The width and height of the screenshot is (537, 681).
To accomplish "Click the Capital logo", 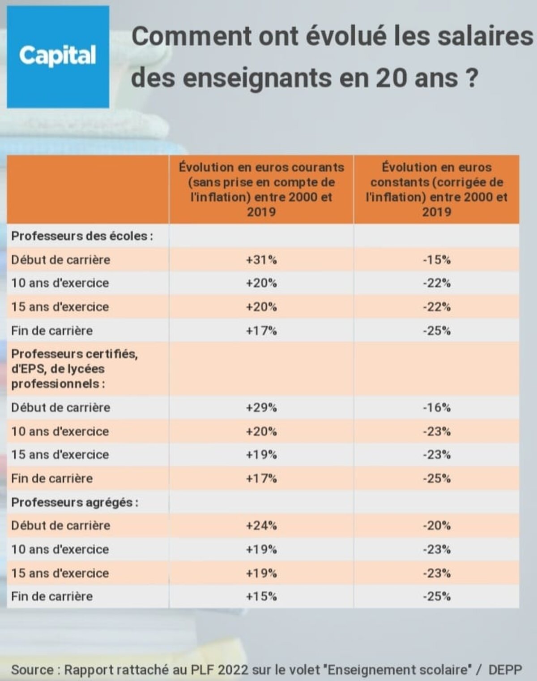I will click(x=58, y=56).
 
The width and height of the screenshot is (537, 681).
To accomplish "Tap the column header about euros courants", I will click(x=261, y=189).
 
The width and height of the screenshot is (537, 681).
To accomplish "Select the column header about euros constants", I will click(x=436, y=189).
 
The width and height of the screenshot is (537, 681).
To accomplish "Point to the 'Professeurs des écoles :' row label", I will click(x=82, y=236).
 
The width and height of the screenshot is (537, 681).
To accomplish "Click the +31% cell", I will click(x=261, y=259).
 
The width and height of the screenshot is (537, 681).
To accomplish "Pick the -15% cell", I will click(x=436, y=259).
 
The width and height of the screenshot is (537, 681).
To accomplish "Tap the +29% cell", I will click(x=261, y=407).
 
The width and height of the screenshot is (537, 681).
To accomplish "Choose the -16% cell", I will click(x=436, y=407).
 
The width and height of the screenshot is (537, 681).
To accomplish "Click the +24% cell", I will click(x=261, y=525).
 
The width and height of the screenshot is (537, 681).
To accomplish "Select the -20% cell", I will click(x=436, y=525).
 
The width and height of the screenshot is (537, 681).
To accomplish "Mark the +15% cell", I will click(x=261, y=596).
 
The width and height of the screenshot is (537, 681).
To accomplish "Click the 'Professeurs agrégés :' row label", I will click(x=74, y=502).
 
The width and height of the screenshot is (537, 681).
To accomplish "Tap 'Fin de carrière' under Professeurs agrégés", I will click(x=52, y=596).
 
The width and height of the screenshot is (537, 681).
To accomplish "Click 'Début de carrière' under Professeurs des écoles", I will click(x=60, y=259).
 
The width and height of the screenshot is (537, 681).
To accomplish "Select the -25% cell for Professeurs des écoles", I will click(x=436, y=331).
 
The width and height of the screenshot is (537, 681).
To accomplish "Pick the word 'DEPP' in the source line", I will click(x=505, y=670).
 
